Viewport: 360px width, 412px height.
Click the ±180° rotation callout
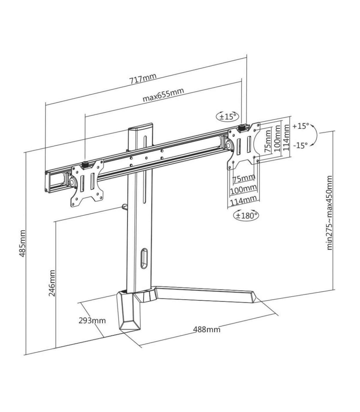coord(246,216)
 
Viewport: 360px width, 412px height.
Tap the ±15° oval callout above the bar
coord(227,117)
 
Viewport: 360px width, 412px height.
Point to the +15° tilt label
coord(301,126)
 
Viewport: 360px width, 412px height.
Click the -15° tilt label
coord(301,145)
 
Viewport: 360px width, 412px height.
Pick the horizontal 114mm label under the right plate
coord(243,202)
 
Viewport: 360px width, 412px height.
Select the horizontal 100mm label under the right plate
coord(243,190)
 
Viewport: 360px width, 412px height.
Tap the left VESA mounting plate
coord(87,183)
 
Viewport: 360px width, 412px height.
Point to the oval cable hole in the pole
coord(144,258)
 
